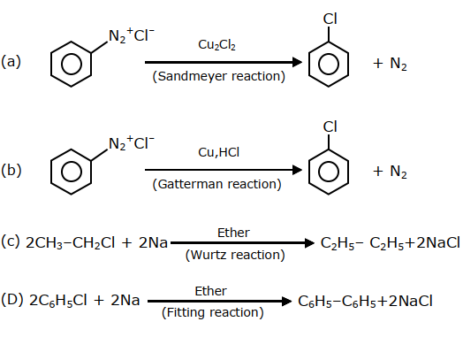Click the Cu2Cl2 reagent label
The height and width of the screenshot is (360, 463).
(216, 45)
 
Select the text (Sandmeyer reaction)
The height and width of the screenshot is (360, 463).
(219, 76)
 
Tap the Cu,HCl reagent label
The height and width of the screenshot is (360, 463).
(218, 152)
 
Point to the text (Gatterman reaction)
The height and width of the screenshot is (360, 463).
(216, 184)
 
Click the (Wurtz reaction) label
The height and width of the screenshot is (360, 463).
(235, 255)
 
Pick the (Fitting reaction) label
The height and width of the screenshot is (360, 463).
(213, 312)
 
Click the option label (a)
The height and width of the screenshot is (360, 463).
(11, 62)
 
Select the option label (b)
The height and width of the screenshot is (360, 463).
(11, 170)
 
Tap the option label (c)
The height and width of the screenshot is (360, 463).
(11, 241)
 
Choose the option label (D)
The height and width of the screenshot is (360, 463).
(12, 300)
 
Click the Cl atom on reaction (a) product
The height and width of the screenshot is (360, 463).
(330, 19)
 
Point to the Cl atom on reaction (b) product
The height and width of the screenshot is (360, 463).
(330, 126)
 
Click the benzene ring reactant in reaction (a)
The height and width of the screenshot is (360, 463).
(50, 65)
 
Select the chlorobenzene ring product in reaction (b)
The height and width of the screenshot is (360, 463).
(309, 172)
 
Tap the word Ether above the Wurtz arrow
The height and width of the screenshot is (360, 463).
(233, 233)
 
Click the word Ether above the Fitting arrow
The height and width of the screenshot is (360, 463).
(210, 291)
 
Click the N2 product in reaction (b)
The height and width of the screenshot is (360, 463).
(398, 172)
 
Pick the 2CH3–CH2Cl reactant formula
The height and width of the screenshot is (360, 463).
(71, 243)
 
